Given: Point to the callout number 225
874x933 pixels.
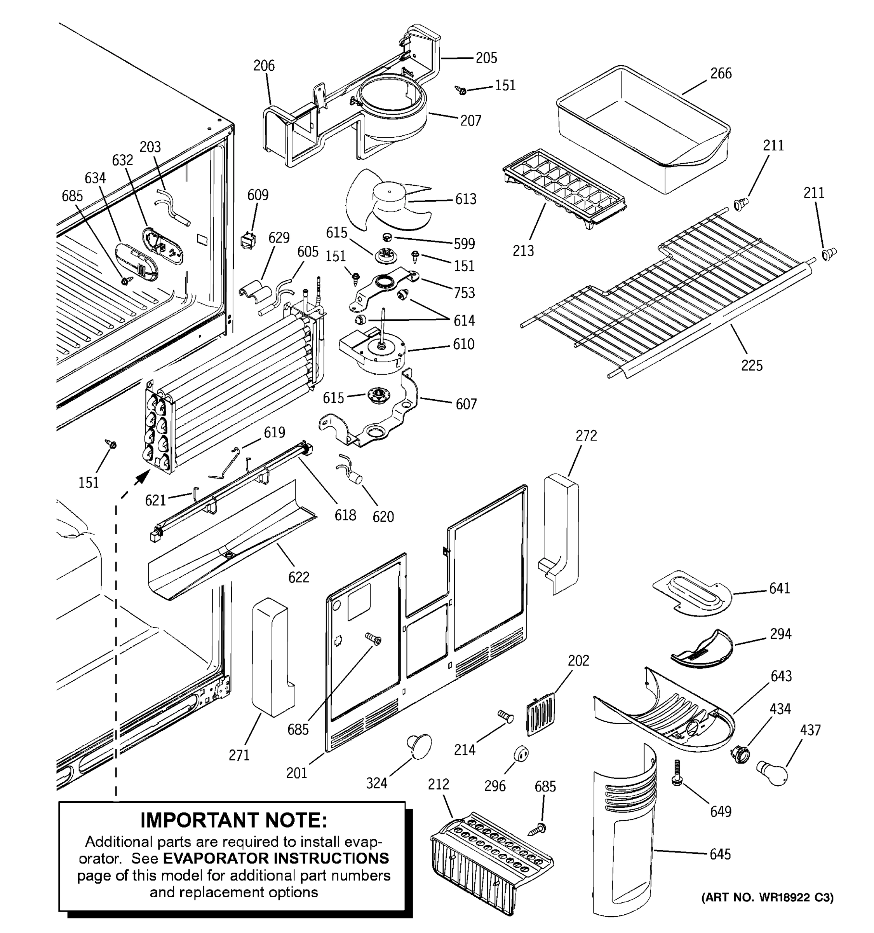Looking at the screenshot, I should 751,365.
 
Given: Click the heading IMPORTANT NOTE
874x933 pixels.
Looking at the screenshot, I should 233,820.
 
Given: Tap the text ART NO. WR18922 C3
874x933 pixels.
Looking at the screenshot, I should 767,897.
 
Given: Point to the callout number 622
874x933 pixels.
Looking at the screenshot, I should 299,577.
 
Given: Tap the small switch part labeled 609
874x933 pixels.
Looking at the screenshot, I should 248,240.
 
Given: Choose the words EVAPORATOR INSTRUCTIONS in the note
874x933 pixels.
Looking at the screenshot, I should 276,858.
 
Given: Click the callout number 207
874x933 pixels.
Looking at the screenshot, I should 470,121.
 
